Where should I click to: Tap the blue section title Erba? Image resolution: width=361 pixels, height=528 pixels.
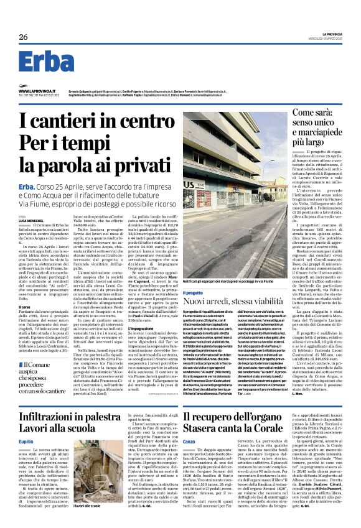click(46, 62)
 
